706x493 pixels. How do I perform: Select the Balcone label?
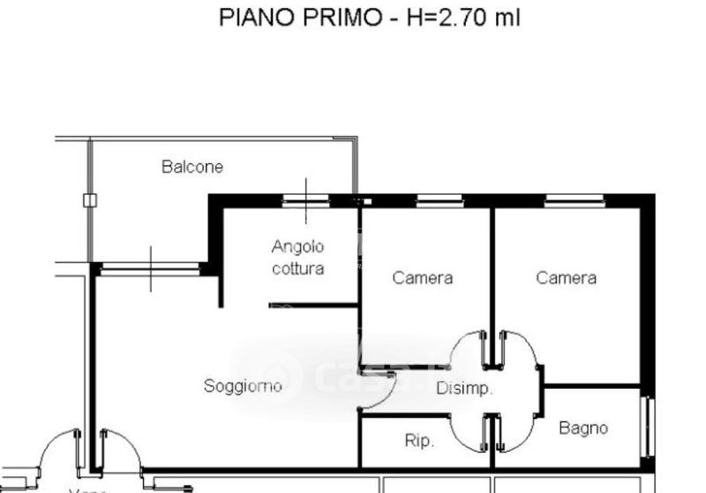[192, 166]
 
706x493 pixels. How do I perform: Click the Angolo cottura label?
[298, 258]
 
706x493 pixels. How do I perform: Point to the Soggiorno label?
[243, 385]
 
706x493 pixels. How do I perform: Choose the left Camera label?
[423, 278]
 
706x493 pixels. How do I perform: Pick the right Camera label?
[567, 278]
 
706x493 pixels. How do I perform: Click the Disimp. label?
[464, 388]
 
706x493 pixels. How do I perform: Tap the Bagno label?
[583, 429]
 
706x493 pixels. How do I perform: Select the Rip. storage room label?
[418, 441]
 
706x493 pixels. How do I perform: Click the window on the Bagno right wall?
[650, 427]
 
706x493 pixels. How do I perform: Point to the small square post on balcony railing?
[89, 200]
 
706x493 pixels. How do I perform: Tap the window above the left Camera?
[439, 201]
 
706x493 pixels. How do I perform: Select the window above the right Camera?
[574, 201]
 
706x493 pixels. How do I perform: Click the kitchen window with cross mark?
[305, 201]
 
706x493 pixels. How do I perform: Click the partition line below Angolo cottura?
[313, 306]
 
